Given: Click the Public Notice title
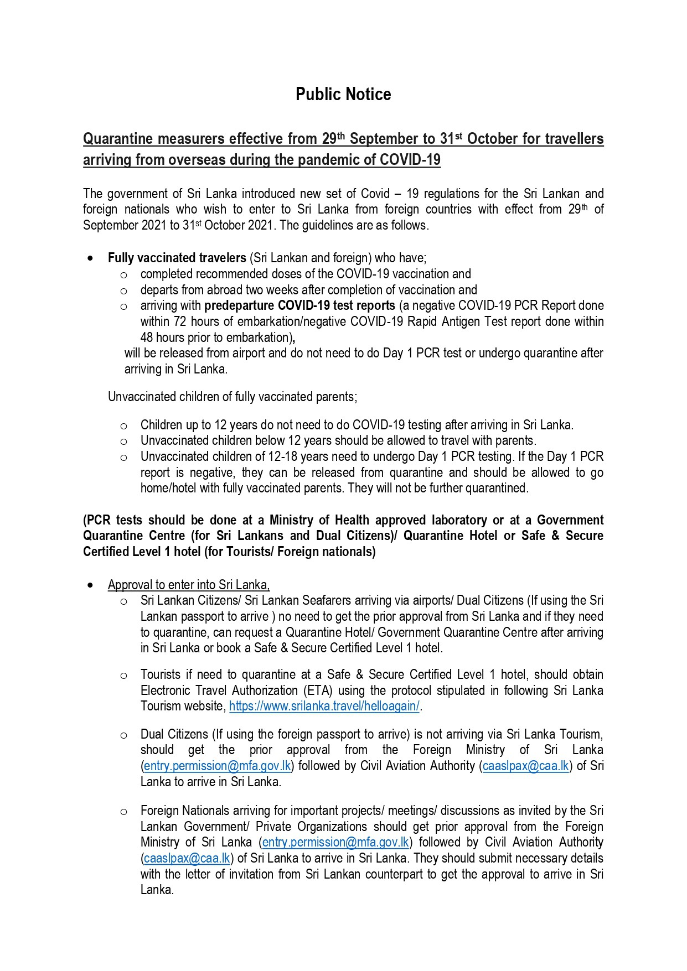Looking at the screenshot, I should pos(343,94).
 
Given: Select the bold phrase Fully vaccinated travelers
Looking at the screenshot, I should pos(177,258).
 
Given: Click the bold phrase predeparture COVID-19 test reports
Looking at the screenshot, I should pos(299,305).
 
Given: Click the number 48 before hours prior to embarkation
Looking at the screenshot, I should pos(147,337).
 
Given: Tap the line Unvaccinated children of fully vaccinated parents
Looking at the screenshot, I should pos(233,397).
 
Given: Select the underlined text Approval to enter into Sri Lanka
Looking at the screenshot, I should pos(189,585).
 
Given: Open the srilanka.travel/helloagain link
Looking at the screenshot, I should pos(324,706).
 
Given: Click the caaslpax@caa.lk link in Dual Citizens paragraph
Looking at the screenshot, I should pos(525,766).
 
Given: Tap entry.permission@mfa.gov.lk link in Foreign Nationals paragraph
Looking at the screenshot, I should pos(335,842).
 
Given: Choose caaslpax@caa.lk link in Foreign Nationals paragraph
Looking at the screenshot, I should pos(187,858).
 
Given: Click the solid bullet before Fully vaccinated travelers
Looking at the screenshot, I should pos(90,258).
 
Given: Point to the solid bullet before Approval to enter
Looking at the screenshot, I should pos(90,585).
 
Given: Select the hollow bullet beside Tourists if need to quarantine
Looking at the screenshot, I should pos(123,675).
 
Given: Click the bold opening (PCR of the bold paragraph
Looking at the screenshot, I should pos(96,520).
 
